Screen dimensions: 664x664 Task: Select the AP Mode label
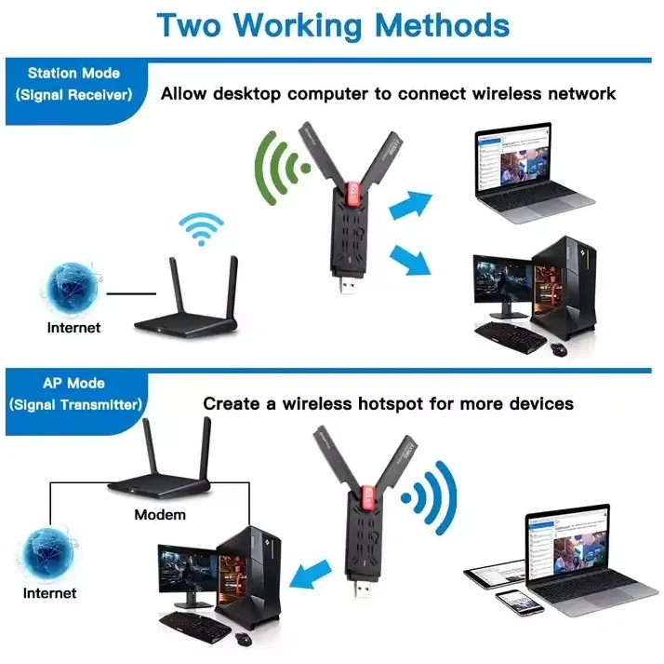(73, 384)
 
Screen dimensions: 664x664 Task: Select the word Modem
(160, 514)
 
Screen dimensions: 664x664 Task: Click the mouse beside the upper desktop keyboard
(558, 348)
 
